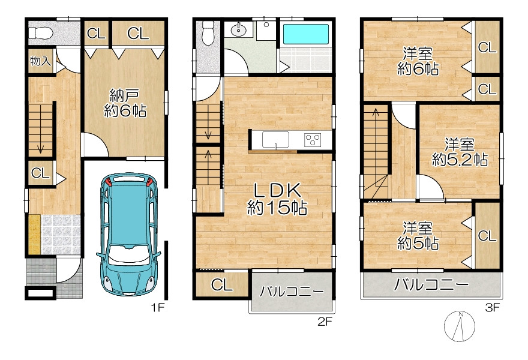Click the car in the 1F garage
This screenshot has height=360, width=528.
tap(128, 235)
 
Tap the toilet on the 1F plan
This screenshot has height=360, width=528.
tap(40, 33)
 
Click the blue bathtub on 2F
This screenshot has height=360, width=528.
tap(306, 34)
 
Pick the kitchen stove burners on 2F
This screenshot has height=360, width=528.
tap(313, 140)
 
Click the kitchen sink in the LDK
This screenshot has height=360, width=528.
tap(275, 139)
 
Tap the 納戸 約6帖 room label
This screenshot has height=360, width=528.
tap(125, 103)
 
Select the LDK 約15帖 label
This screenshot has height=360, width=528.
tap(277, 199)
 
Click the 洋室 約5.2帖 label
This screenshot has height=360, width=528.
tap(460, 152)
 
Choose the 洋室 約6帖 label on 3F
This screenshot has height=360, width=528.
tap(418, 61)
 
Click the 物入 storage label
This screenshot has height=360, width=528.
tap(40, 61)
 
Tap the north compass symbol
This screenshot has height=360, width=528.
tap(460, 326)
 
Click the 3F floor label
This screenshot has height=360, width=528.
tap(492, 308)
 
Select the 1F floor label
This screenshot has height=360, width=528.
tap(158, 307)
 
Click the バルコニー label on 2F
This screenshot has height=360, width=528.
tap(292, 292)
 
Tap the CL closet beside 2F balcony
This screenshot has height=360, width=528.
tap(221, 285)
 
